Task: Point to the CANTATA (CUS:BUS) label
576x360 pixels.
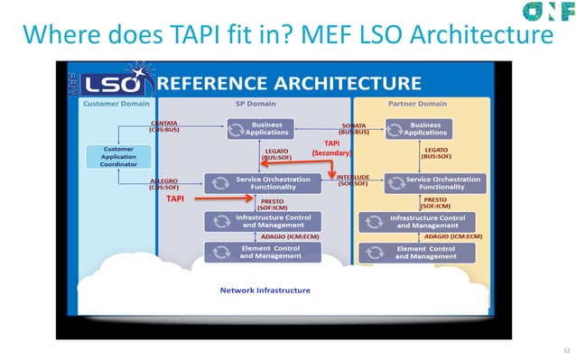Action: coord(163,127)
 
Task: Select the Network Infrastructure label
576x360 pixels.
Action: coord(265,291)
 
